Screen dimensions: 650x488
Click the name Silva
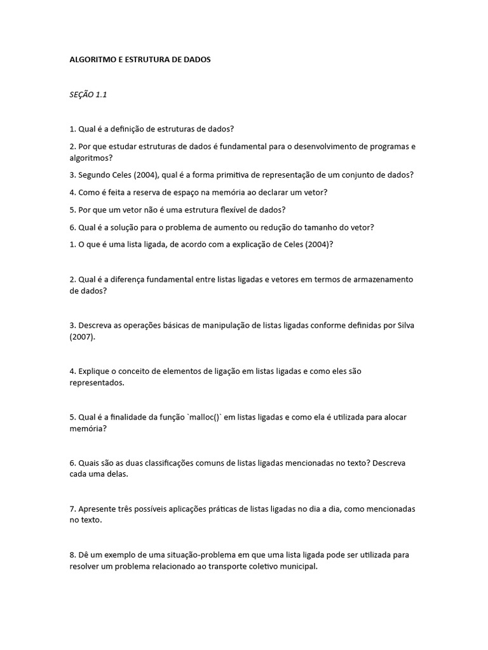[400, 326]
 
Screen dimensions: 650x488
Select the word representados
[97, 383]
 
